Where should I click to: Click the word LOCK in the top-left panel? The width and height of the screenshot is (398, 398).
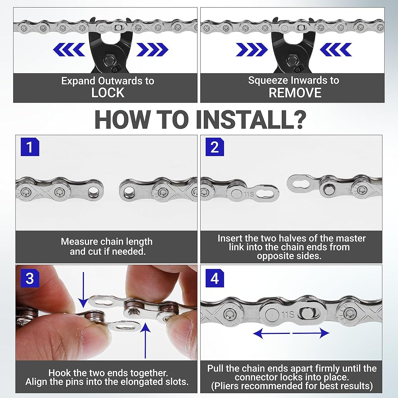(x=108, y=93)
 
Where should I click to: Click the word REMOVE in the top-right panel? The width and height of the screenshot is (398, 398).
(x=295, y=93)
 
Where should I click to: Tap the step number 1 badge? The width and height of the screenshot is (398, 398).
(x=30, y=147)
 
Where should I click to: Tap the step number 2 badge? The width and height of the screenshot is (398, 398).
(x=215, y=147)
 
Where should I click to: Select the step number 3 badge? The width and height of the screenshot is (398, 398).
(x=30, y=278)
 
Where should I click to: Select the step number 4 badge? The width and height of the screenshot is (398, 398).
(x=215, y=278)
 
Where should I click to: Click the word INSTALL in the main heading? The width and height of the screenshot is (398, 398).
(x=243, y=119)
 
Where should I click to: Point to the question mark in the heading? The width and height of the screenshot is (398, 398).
(x=298, y=119)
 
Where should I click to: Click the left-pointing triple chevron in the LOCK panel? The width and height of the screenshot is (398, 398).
(x=69, y=49)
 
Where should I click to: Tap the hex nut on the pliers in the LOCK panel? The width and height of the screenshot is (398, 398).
(x=108, y=60)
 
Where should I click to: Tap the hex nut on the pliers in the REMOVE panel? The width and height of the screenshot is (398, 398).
(x=291, y=60)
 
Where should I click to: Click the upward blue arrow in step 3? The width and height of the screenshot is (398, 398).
(x=145, y=340)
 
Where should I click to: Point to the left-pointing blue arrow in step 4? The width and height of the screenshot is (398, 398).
(x=271, y=333)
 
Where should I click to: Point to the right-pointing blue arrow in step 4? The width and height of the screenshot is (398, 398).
(x=311, y=333)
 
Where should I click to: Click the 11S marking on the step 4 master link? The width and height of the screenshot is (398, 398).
(x=288, y=315)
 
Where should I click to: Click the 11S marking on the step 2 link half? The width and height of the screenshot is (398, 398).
(x=249, y=194)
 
